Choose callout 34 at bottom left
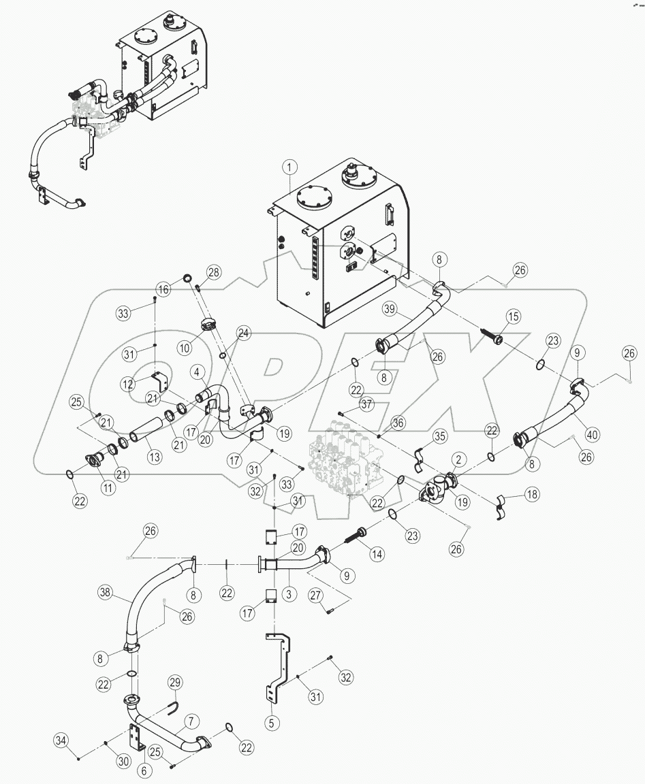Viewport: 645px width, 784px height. point(61,739)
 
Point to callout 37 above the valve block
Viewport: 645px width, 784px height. point(367,405)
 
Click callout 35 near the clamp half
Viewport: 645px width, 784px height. point(440,436)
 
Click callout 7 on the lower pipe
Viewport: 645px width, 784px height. point(191,721)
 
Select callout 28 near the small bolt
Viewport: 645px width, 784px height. point(214,273)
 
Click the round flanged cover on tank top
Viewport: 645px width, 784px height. point(315,202)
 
